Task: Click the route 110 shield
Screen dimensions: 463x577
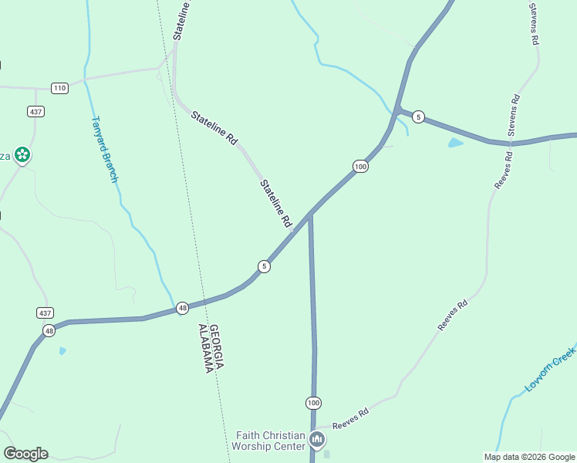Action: (60, 88)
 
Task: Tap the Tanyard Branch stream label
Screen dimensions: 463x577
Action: (105, 149)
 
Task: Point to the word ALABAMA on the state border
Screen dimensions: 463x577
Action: (205, 348)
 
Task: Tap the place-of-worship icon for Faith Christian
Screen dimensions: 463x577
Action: (317, 441)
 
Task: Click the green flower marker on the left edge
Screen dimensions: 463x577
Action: (23, 155)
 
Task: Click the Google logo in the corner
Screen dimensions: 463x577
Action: (25, 454)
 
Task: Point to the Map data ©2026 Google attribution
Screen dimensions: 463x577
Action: (530, 457)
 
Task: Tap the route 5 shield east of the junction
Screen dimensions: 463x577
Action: (418, 117)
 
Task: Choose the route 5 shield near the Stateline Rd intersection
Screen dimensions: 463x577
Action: (265, 266)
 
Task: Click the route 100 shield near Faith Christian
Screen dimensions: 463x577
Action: (313, 403)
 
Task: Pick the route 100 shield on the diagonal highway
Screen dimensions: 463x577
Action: (360, 166)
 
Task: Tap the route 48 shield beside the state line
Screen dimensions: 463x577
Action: (182, 307)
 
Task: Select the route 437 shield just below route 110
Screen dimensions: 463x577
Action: (36, 111)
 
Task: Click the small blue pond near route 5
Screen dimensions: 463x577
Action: (455, 143)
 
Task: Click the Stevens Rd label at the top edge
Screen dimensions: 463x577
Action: (533, 23)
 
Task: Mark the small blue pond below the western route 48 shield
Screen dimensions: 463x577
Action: (62, 351)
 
